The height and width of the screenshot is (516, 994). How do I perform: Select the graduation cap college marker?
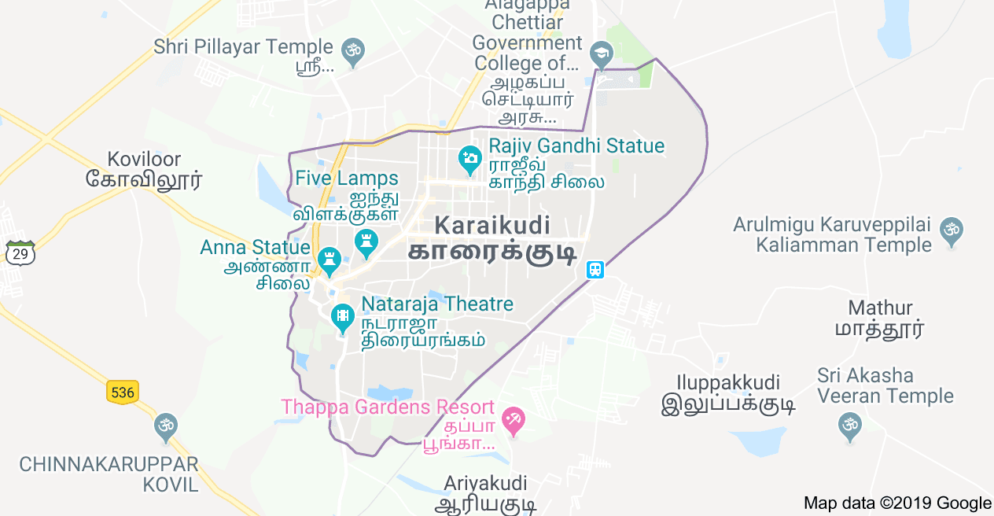tap(602, 54)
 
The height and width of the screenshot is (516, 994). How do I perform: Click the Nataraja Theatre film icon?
tap(343, 317)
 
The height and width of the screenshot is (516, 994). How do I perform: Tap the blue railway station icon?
tap(595, 270)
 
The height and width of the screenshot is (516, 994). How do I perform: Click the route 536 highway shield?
tap(123, 392)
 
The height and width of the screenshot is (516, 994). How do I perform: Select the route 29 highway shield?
tap(20, 253)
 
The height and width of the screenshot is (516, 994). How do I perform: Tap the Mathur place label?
tap(880, 308)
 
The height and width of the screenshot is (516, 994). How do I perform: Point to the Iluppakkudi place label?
tap(720, 383)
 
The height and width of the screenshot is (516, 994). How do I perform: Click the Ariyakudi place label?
tap(485, 483)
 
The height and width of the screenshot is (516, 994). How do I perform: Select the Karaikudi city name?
tap(492, 226)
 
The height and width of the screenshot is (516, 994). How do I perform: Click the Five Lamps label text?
tap(347, 179)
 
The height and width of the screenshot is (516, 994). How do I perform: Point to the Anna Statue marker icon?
tap(329, 259)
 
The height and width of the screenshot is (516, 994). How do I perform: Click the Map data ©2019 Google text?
tap(897, 503)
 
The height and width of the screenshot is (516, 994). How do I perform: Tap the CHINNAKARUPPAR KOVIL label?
tap(109, 474)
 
